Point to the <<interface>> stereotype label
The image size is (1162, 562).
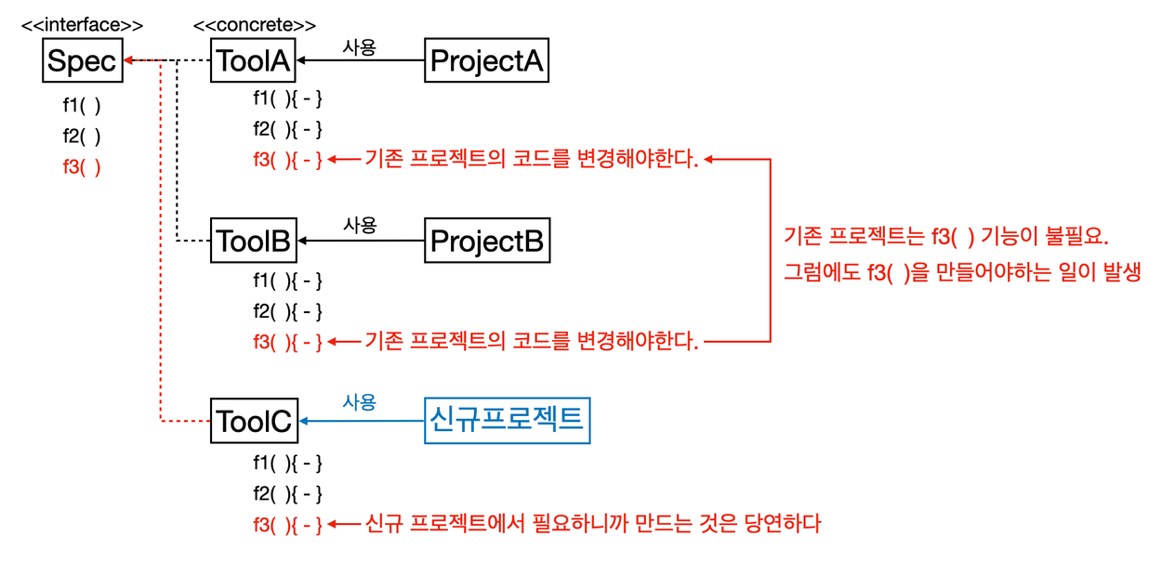pyautogui.click(x=82, y=25)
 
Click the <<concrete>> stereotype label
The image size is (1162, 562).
pyautogui.click(x=254, y=25)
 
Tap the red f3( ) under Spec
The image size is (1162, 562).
pyautogui.click(x=82, y=167)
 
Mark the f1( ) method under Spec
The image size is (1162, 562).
pyautogui.click(x=82, y=105)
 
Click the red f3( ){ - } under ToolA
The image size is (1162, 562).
pyautogui.click(x=287, y=159)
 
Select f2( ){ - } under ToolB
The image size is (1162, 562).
pyautogui.click(x=287, y=311)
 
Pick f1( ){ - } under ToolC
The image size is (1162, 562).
pyautogui.click(x=287, y=463)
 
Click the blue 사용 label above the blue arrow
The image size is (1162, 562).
pyautogui.click(x=360, y=402)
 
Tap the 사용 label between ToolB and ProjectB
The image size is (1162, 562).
pyautogui.click(x=360, y=225)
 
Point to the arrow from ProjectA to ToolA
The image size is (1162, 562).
pyautogui.click(x=361, y=60)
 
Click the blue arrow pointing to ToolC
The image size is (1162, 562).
pyautogui.click(x=363, y=421)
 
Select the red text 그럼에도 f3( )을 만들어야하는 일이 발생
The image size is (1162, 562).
pyautogui.click(x=962, y=271)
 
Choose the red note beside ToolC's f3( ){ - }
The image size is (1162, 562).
pyautogui.click(x=593, y=524)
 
